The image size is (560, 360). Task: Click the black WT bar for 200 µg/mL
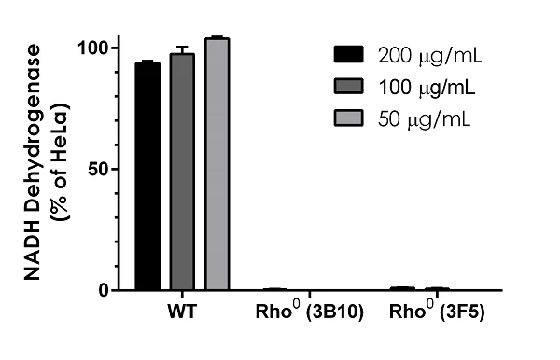coord(147,177)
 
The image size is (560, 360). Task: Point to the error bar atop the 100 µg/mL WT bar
coord(182,49)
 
